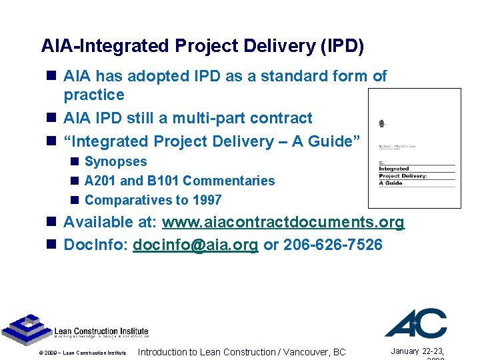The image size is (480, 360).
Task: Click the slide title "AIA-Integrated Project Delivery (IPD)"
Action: point(203,46)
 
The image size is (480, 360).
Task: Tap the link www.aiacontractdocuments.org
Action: point(283,223)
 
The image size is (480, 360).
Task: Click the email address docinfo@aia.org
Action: point(195,245)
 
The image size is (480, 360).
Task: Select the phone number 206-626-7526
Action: point(333,245)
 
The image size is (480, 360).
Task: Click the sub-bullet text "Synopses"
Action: point(116,161)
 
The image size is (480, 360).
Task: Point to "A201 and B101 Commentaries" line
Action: point(179,181)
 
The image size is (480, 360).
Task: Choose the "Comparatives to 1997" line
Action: point(153,200)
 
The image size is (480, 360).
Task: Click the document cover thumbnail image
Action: point(414,149)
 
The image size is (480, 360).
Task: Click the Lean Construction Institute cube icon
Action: point(26,327)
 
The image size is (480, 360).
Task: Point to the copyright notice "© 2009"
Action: point(49,353)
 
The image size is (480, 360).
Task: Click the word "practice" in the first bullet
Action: point(94,95)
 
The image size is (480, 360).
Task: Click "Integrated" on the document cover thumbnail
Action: point(394,169)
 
